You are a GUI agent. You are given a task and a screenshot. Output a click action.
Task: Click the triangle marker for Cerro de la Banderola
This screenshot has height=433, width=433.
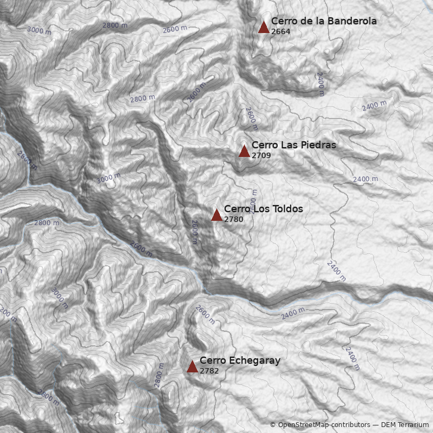[x=264, y=28]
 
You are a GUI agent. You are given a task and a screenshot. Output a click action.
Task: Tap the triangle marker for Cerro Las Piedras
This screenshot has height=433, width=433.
[x=244, y=152]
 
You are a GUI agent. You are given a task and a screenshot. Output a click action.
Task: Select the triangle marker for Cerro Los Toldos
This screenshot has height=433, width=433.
[x=216, y=215]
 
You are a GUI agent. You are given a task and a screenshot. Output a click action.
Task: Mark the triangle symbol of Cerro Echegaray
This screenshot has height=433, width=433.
[x=192, y=367]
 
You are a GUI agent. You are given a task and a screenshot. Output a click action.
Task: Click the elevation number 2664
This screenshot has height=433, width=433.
[x=280, y=31]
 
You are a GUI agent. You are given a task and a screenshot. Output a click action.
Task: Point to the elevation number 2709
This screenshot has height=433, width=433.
[x=261, y=155]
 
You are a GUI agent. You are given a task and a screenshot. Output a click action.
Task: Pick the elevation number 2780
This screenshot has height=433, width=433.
[x=233, y=219]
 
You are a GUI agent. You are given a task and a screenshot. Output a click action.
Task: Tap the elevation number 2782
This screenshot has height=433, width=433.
[x=209, y=371]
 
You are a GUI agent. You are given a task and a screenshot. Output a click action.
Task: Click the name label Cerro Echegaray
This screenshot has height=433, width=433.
[x=240, y=360]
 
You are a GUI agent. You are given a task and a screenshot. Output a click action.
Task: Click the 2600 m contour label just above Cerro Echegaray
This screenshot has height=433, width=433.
[x=205, y=314]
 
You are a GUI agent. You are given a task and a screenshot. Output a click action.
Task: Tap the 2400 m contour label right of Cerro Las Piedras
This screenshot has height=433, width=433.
[x=365, y=179]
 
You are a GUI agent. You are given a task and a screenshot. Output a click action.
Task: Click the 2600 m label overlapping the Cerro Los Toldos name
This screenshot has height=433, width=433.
[x=253, y=201]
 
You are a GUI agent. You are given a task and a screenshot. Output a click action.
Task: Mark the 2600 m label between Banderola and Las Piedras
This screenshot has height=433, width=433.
[x=251, y=118]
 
